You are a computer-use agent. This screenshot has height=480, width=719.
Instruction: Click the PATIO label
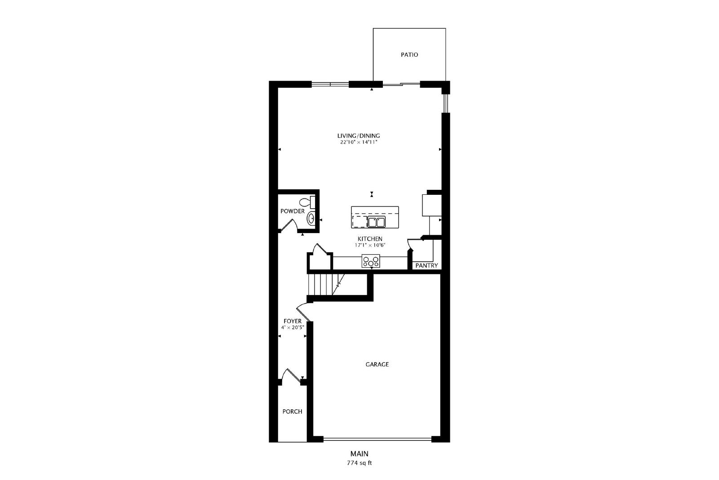point(409,54)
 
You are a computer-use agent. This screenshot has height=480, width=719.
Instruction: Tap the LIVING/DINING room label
point(359,135)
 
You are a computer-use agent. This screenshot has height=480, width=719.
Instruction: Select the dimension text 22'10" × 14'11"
point(359,142)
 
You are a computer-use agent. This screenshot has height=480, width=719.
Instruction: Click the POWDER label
point(293,211)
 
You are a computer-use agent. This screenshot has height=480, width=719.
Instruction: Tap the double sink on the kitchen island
point(376,222)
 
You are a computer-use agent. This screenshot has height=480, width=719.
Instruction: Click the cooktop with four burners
point(371,260)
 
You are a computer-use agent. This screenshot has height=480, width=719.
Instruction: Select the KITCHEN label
point(370,239)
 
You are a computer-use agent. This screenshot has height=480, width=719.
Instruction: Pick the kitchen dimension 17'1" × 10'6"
point(370,245)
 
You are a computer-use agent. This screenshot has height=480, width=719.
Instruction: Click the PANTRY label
point(426,265)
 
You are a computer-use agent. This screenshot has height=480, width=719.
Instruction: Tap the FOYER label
point(293,321)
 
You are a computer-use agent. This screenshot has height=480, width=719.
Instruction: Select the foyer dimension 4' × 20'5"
point(293,327)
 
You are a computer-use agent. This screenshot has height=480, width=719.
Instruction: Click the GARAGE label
point(377,364)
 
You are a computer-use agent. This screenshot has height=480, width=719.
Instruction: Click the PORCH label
point(292,411)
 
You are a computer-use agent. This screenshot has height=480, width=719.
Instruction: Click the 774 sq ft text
point(359,463)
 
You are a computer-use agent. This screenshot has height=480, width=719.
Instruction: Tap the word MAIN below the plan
point(359,453)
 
